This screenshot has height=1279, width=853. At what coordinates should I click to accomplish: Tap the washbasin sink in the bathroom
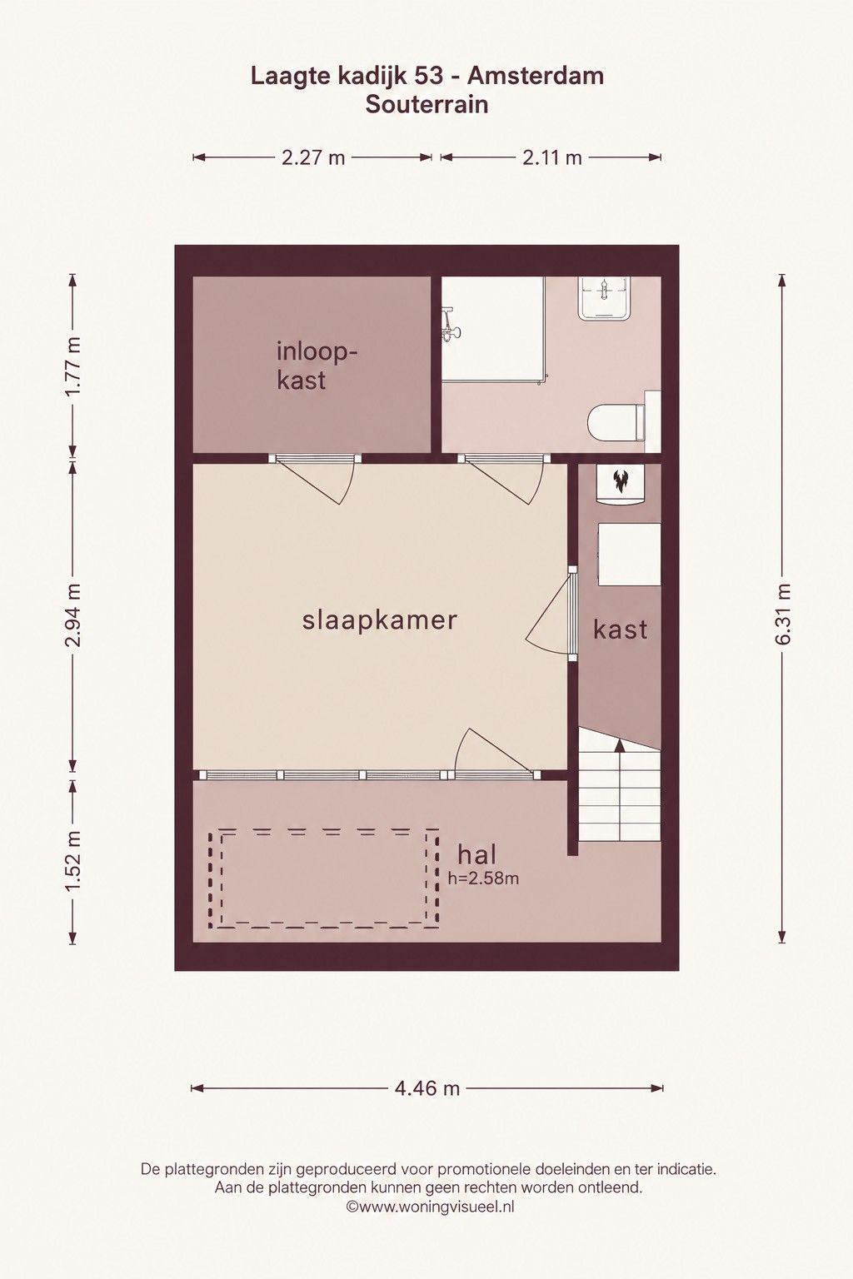tap(604, 298)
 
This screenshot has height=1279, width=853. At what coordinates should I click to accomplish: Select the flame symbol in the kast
tap(620, 482)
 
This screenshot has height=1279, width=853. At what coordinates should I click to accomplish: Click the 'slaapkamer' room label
tap(380, 620)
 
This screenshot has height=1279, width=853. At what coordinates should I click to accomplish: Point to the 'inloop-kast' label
tap(317, 366)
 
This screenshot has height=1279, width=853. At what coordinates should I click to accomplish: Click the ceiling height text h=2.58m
tap(483, 878)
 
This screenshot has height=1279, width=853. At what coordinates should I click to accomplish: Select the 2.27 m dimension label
tap(313, 157)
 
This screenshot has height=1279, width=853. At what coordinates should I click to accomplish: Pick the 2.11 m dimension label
tap(552, 157)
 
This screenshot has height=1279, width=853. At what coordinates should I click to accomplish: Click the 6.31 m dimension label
tap(783, 614)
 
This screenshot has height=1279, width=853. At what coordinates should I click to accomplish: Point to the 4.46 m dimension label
tap(427, 1089)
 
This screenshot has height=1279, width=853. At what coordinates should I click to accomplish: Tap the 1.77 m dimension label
tap(72, 366)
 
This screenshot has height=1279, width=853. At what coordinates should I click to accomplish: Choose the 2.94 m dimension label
tap(72, 615)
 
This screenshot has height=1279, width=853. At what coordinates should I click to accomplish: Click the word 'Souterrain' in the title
tap(426, 105)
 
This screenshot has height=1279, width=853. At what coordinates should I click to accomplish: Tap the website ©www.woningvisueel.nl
tap(430, 1207)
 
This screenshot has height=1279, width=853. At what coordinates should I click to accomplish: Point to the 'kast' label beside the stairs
tap(621, 630)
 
